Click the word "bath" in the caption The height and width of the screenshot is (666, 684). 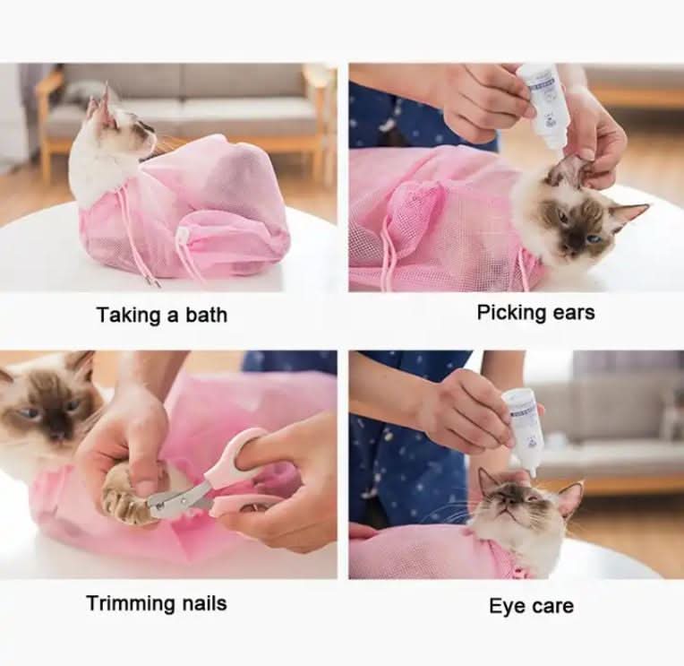[x=206, y=315]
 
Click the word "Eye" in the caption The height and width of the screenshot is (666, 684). [x=504, y=607]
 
